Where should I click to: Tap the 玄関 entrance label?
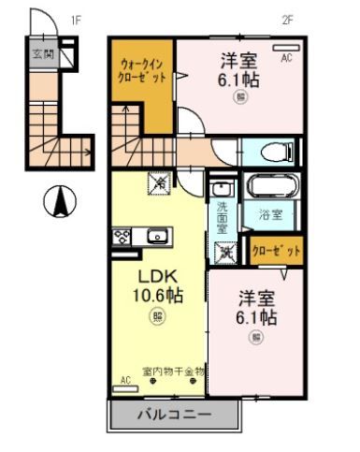(42, 54)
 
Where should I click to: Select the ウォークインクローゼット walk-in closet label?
(143, 71)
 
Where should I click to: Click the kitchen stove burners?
(122, 237)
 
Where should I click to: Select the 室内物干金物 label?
(174, 371)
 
